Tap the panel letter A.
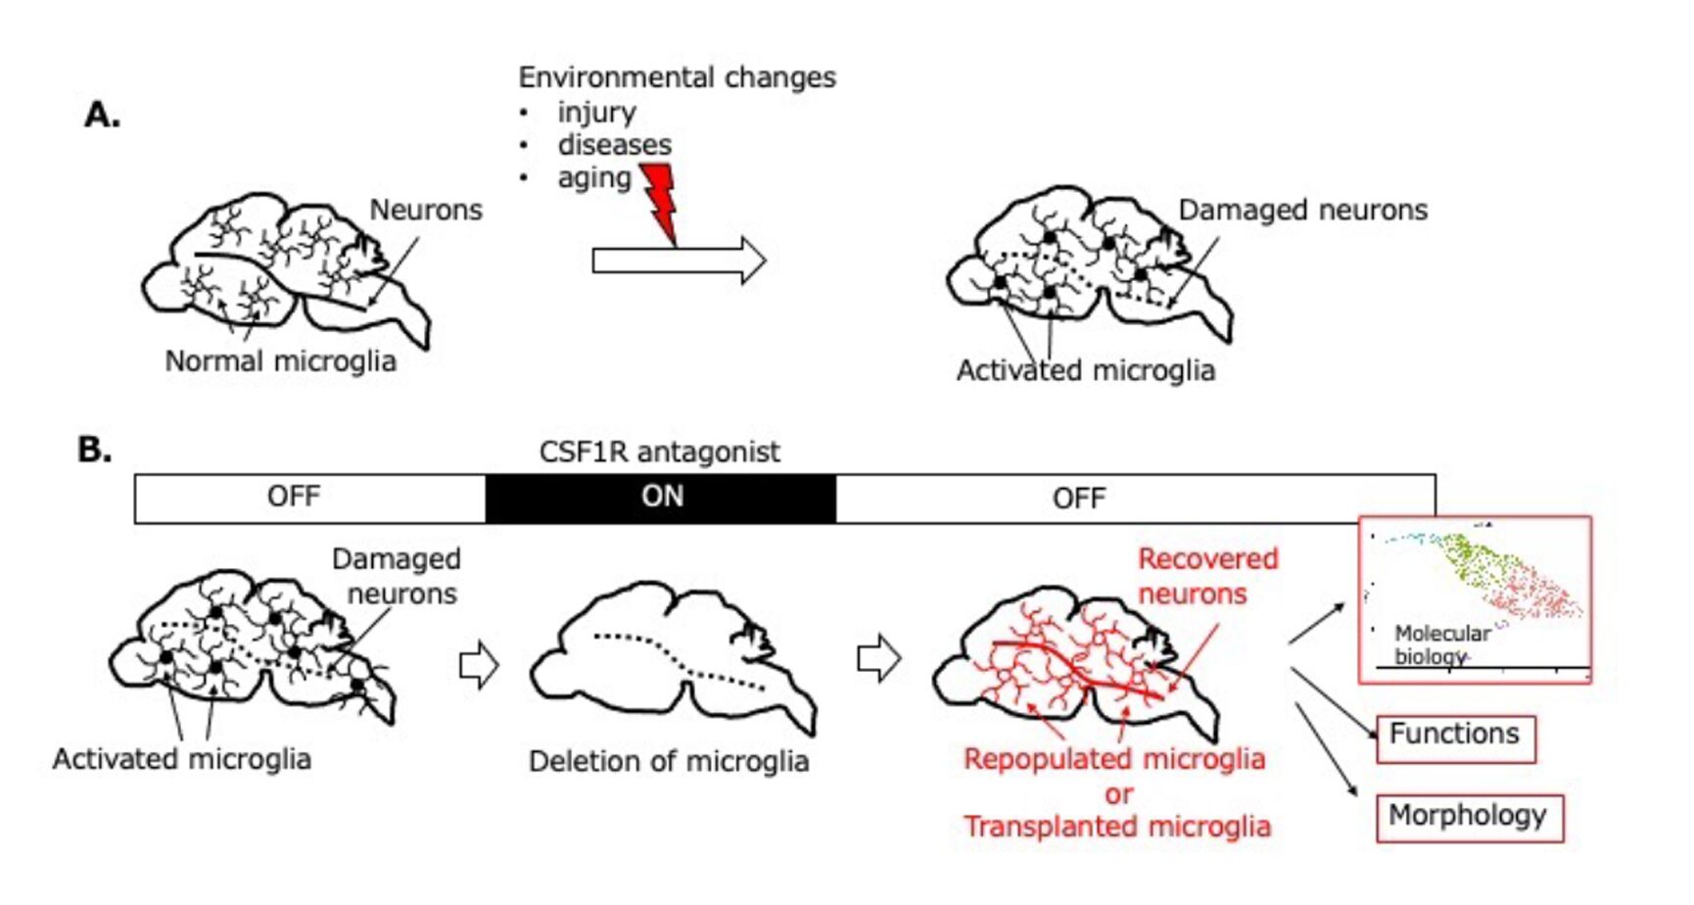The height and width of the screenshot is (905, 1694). tap(102, 116)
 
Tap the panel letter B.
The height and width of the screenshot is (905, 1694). tap(94, 450)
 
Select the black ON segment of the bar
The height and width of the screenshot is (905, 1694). tap(661, 498)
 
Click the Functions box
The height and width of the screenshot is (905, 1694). tap(1455, 737)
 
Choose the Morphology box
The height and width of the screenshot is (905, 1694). tap(1468, 817)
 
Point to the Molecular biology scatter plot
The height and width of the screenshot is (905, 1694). tap(1475, 598)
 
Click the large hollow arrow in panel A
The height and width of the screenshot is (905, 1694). tap(679, 262)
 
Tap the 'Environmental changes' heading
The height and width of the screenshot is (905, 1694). tap(677, 77)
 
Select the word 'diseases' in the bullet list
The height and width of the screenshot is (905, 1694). tap(614, 145)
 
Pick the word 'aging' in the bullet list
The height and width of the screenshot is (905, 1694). tap(594, 178)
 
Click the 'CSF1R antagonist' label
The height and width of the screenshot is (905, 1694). tap(659, 452)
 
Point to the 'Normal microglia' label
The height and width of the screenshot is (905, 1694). tap(280, 361)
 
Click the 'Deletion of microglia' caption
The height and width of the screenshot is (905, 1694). tap(669, 761)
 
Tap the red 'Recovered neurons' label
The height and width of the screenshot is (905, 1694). tap(1206, 576)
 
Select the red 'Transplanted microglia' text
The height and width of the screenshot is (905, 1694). tap(1117, 827)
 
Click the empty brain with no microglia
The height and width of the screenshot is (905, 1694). tap(672, 651)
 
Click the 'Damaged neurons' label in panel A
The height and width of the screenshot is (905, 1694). tap(1302, 210)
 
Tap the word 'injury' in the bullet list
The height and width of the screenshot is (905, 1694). tap(596, 113)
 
